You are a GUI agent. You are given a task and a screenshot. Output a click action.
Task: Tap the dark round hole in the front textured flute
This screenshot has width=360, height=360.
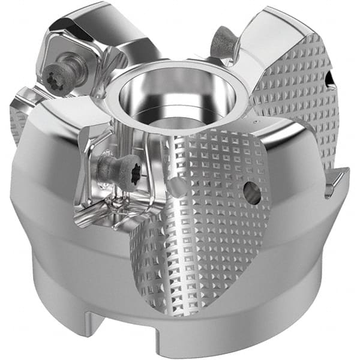pos(252,193)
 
